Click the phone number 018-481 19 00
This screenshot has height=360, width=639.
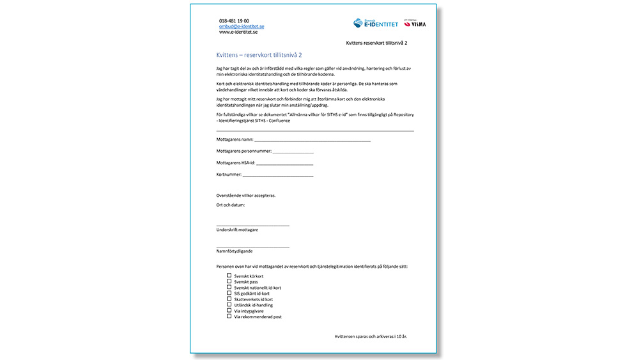(234, 21)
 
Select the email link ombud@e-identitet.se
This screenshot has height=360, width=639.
(242, 27)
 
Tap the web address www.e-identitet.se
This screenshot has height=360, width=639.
(238, 33)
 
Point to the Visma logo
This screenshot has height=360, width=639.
(417, 24)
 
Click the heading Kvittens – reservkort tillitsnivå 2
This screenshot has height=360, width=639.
(259, 55)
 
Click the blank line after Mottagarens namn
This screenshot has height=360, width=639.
(312, 139)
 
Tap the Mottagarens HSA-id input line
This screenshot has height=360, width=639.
(284, 164)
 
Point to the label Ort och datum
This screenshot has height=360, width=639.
(231, 205)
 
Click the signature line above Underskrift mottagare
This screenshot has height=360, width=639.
(252, 224)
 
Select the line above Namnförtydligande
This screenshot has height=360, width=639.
(252, 247)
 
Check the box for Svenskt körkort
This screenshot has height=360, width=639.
(229, 276)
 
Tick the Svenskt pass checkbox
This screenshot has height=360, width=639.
(229, 281)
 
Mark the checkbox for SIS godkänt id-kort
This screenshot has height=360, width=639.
(229, 293)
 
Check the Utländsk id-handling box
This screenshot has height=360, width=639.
(229, 304)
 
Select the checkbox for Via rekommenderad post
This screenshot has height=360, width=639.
(229, 316)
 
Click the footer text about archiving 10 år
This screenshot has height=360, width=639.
(371, 336)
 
